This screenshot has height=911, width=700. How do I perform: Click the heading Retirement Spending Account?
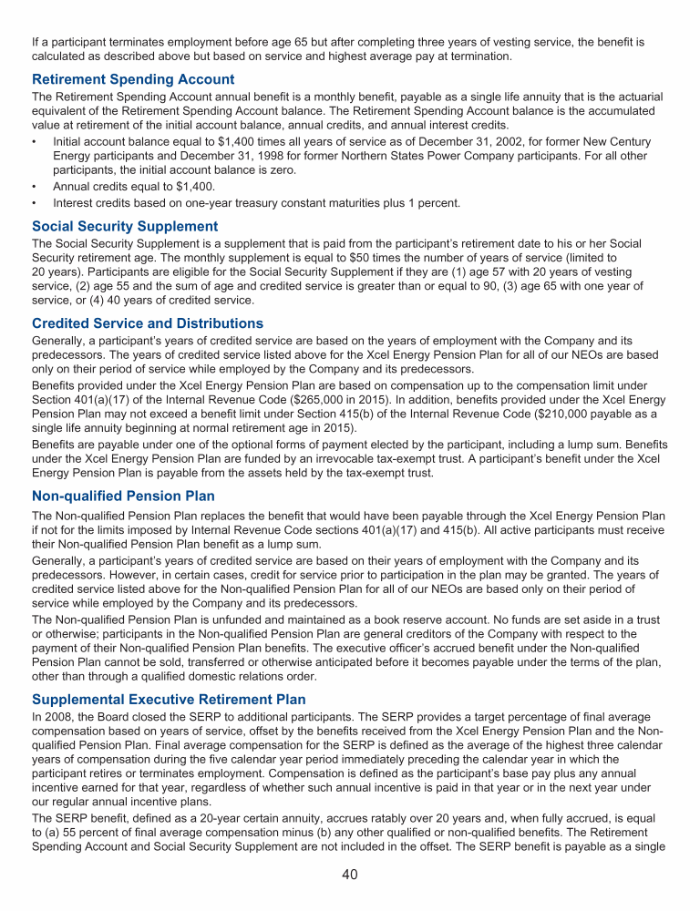[133, 79]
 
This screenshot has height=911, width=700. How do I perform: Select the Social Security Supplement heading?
[125, 226]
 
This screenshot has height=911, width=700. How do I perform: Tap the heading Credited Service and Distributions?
[148, 323]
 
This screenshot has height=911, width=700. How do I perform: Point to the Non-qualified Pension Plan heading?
[123, 496]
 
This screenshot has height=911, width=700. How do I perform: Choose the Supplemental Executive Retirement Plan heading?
[168, 700]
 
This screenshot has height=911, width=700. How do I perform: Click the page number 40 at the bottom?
[350, 875]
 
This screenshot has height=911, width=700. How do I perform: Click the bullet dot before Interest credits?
[34, 203]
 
